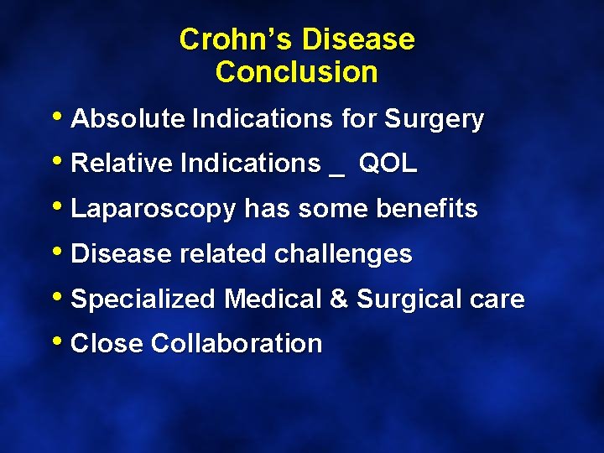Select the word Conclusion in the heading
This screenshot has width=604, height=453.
(296, 72)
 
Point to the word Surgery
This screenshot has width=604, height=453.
(434, 120)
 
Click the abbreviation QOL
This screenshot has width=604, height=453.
(388, 164)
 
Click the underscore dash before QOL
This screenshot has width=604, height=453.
(337, 170)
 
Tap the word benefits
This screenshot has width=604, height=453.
(429, 209)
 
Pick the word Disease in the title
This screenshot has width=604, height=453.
(358, 39)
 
